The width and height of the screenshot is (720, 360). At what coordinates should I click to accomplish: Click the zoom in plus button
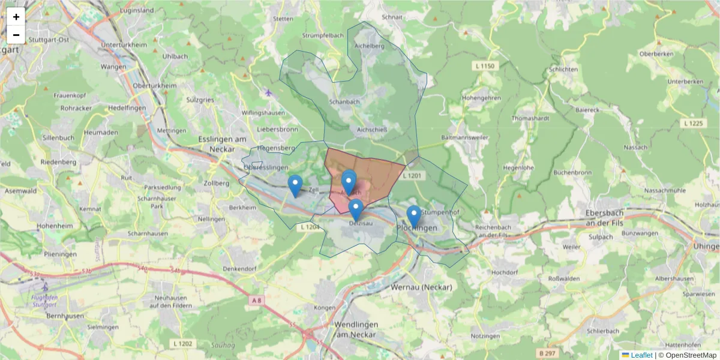[16, 17]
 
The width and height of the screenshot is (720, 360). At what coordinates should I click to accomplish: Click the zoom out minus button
[16, 35]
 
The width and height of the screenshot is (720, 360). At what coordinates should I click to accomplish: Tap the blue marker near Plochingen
[413, 216]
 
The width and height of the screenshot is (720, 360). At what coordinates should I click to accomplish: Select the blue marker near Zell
[295, 185]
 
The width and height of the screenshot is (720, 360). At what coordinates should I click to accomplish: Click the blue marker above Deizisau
[356, 209]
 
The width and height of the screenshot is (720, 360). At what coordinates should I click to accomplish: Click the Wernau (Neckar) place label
[421, 287]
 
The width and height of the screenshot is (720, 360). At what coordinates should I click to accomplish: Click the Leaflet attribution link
[641, 355]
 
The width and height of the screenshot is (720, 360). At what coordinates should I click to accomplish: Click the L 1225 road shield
[693, 123]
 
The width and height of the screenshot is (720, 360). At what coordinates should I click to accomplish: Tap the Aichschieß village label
[371, 128]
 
